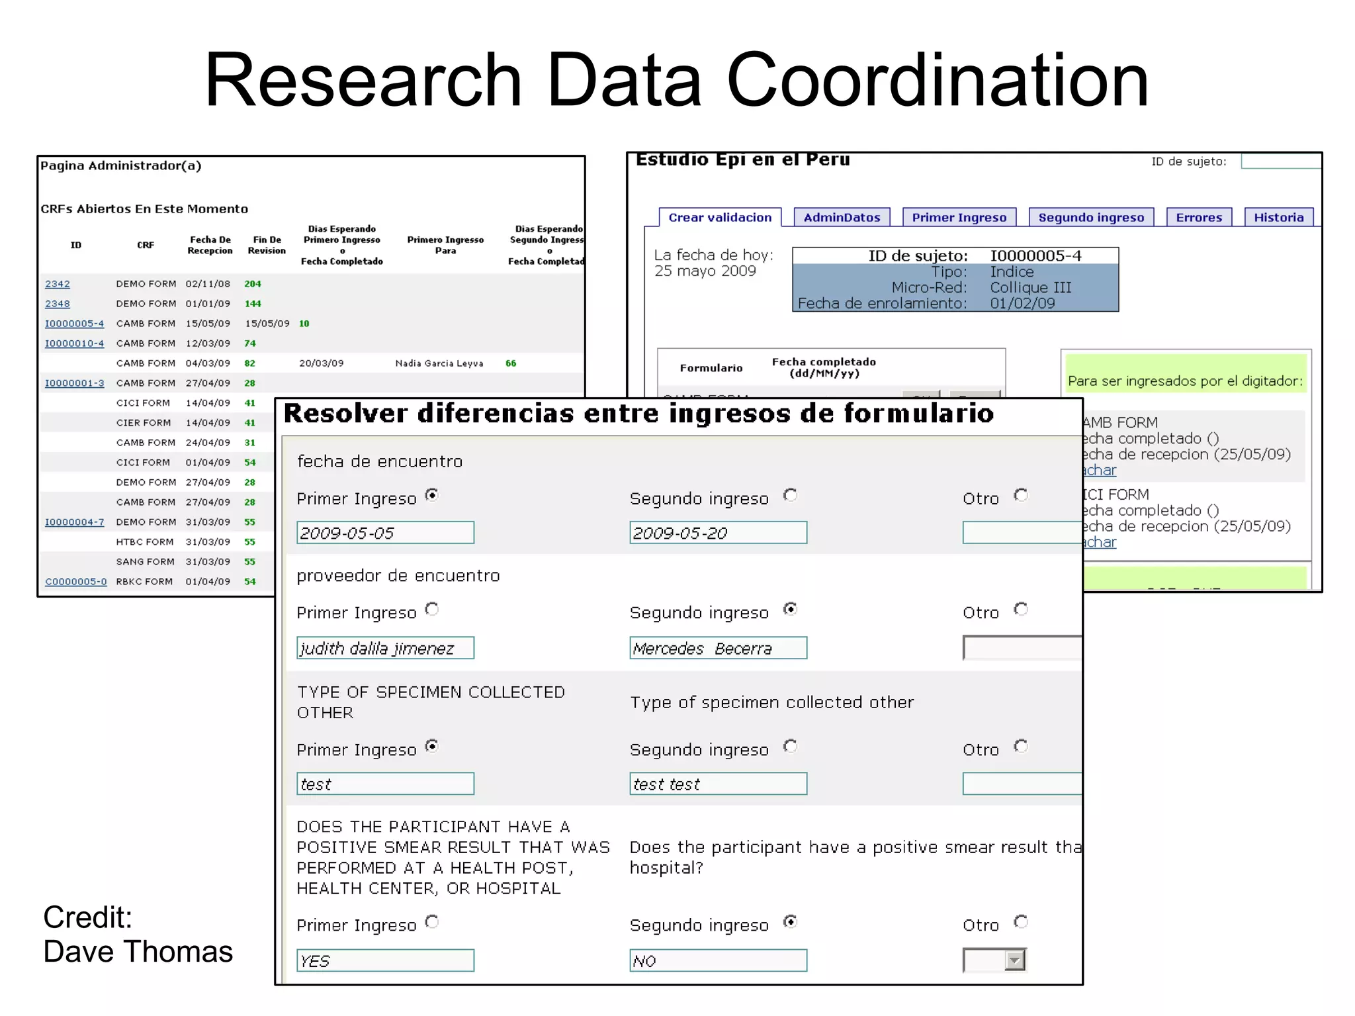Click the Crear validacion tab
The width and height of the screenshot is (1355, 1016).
point(720,218)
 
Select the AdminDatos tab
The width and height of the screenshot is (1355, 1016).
point(842,218)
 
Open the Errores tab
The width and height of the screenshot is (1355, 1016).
point(1199,218)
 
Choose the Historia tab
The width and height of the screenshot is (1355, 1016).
point(1278,218)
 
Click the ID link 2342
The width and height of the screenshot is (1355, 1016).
point(58,284)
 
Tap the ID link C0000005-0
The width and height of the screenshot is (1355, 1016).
point(75,582)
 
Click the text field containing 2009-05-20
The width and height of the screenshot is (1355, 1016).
point(718,533)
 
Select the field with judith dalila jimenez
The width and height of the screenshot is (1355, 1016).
point(385,648)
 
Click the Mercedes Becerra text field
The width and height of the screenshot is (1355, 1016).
point(718,648)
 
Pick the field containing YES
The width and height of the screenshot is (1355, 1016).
point(385,960)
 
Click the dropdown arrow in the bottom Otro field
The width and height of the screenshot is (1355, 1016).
point(1014,960)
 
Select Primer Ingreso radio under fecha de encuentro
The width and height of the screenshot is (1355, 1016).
point(432,495)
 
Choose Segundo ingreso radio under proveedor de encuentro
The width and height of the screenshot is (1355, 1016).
point(790,609)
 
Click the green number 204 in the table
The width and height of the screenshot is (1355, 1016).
point(253,284)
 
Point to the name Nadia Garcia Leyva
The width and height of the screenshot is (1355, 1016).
point(439,363)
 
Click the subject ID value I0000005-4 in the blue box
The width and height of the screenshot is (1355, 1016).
point(1035,256)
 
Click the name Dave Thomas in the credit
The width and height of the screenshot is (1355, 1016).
point(138,952)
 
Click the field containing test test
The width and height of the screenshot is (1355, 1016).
point(718,784)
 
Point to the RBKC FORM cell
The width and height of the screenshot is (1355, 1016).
point(144,582)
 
